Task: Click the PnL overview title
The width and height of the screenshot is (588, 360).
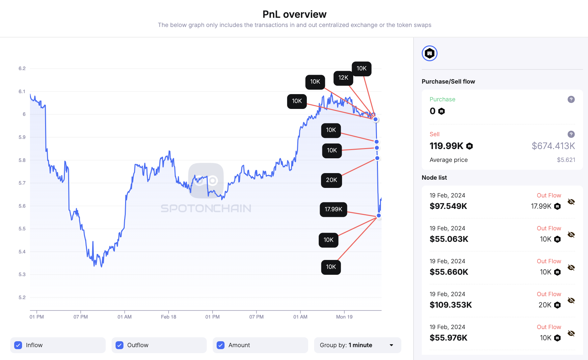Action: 294,14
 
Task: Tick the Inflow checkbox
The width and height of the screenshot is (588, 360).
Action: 18,345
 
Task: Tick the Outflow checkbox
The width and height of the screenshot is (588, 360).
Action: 120,345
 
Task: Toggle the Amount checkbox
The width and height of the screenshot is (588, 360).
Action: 221,345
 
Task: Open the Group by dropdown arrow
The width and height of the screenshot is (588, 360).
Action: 391,345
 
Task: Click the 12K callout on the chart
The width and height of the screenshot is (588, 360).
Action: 343,78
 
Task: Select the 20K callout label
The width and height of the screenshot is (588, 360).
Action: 331,180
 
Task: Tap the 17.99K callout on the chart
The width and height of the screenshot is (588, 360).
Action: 333,209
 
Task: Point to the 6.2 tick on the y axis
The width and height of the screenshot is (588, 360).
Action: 22,68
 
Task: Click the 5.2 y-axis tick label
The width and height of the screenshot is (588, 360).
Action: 22,297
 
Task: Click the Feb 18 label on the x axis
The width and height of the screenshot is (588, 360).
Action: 168,317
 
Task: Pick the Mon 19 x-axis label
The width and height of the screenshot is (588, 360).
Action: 344,317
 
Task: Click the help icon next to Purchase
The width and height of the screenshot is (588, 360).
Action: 571,99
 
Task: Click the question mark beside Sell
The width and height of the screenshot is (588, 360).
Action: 571,134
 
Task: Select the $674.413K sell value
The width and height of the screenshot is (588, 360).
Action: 553,146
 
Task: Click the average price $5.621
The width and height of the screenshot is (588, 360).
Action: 566,160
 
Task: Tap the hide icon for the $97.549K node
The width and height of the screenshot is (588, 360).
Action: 571,202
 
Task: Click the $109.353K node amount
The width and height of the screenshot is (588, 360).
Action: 450,305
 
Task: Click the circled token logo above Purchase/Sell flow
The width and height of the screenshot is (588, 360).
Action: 429,53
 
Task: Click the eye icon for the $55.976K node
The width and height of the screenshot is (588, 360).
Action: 571,333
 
